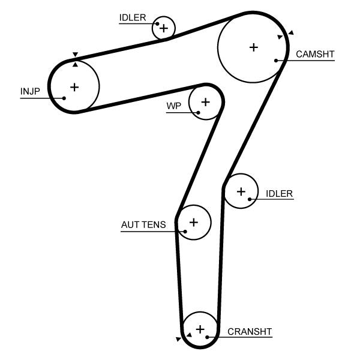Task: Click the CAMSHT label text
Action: pos(315,54)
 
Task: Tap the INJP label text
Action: pos(29,91)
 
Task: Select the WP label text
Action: pos(173,106)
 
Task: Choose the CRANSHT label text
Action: pos(250,331)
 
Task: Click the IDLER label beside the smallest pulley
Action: pos(132,17)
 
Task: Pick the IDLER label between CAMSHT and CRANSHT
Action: pos(279,193)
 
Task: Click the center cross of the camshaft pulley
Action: pos(253,47)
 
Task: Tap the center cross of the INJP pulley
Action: pos(74,87)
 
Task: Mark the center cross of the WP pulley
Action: pos(205,101)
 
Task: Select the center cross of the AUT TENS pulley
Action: pos(193,222)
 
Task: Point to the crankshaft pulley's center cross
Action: pos(200,329)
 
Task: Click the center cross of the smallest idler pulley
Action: pos(164,28)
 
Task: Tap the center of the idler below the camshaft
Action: pos(241,191)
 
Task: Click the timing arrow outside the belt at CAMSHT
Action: pos(291,32)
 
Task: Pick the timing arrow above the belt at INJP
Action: pos(75,55)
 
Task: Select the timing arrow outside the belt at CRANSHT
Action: pos(178,340)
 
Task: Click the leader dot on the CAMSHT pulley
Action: pos(276,60)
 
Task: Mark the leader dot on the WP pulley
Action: pos(198,112)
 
